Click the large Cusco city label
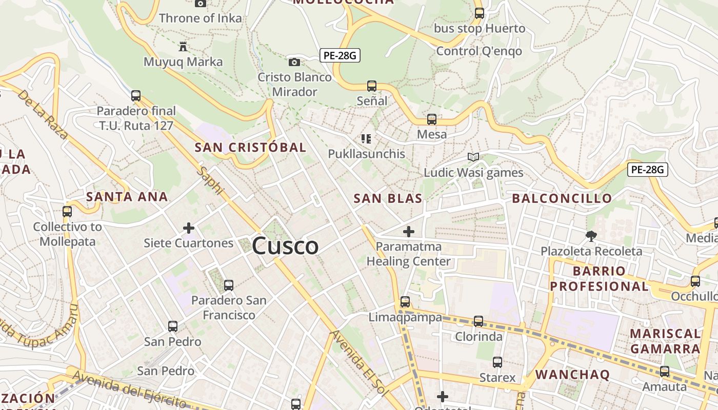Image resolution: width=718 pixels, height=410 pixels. tap(285, 246)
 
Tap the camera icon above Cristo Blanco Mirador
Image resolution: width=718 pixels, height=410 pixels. tap(294, 62)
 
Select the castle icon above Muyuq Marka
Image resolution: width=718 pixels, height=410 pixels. tap(183, 47)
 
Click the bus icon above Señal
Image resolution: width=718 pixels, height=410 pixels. tap(372, 86)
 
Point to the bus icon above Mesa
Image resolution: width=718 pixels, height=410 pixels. tap(432, 119)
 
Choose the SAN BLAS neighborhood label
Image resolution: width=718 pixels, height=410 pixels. tap(388, 199)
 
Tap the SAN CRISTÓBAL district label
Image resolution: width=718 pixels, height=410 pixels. tap(250, 148)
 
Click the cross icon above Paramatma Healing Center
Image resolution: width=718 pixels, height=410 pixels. tap(409, 232)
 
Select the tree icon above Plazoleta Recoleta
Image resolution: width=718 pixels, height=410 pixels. tap(591, 236)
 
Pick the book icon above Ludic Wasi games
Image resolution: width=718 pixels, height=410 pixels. tap(473, 157)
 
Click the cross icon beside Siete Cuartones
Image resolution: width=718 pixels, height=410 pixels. tap(189, 228)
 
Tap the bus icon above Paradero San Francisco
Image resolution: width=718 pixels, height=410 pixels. tap(229, 285)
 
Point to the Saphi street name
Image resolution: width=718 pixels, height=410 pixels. tap(212, 180)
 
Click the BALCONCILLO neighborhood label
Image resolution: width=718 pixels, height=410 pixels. tap(562, 198)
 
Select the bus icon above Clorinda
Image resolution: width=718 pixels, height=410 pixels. tap(478, 321)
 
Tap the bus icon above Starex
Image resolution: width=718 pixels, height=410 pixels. tap(497, 362)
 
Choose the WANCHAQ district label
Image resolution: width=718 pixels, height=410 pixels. tap(573, 375)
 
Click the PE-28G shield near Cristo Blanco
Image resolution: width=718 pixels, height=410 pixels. tap(340, 55)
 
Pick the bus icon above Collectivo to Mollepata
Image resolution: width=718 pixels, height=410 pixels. tap(67, 211)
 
